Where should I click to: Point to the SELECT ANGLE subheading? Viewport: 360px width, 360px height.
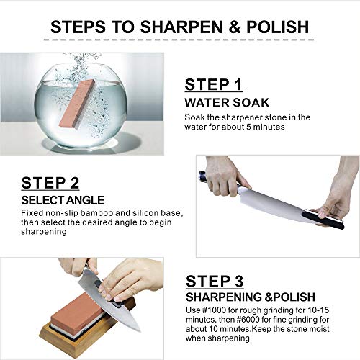click(x=63, y=199)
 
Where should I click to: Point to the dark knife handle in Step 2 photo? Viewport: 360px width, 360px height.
click(x=209, y=176)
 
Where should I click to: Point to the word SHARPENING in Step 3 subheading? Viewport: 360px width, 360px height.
click(x=220, y=297)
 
